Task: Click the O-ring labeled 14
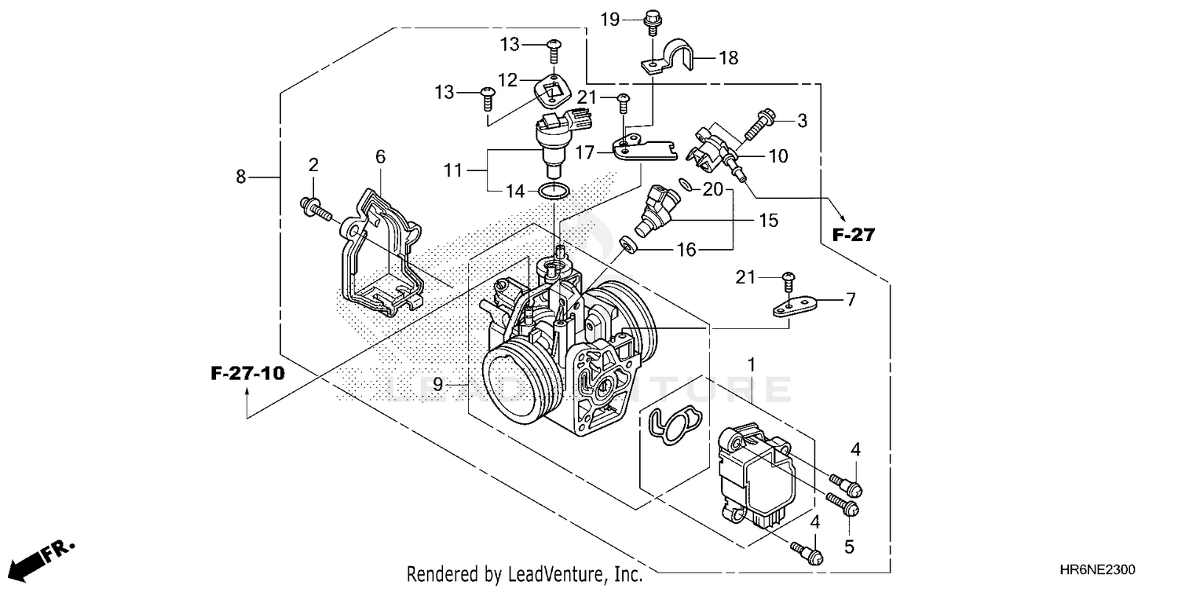pos(554,190)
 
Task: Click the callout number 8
pos(241,177)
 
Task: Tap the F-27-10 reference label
pos(247,373)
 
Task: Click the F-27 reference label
pos(853,234)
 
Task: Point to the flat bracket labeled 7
pos(795,305)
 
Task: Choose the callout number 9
pos(438,384)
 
